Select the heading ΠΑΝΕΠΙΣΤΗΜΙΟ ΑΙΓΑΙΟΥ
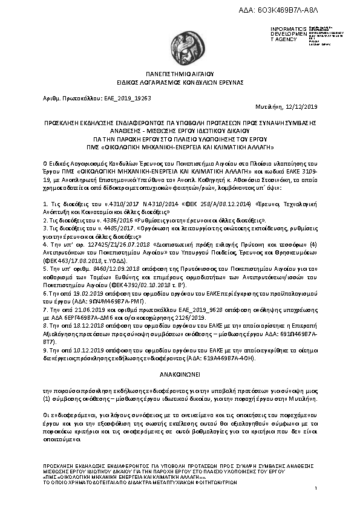[x=180, y=73]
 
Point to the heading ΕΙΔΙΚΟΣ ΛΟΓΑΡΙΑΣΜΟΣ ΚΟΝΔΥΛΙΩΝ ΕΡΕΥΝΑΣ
[x=180, y=81]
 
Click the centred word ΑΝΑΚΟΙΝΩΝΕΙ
[x=180, y=375]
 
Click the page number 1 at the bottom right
[x=315, y=496]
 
